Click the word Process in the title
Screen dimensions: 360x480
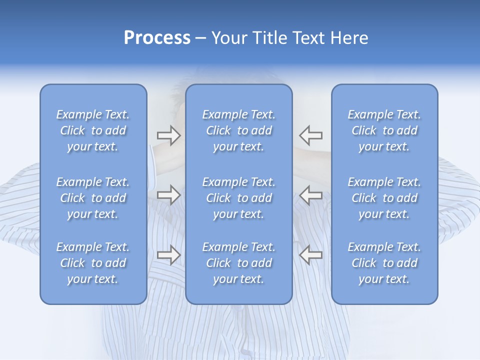point(157,38)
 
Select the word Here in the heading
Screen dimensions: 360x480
point(349,38)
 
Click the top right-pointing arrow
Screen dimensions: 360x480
point(169,135)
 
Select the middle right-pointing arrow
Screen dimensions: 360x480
point(169,194)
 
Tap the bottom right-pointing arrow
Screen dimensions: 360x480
point(169,254)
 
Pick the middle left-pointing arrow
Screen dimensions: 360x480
point(311,194)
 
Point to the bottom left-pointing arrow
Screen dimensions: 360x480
point(311,254)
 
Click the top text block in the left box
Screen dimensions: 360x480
point(93,130)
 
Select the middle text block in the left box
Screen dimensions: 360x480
point(93,198)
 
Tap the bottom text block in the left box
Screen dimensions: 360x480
point(93,263)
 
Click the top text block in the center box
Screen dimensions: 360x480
point(239,130)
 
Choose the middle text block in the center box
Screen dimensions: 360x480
point(239,198)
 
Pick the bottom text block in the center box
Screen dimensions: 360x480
point(239,263)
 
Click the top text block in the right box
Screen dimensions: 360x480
point(384,130)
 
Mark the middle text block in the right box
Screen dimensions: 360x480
point(384,198)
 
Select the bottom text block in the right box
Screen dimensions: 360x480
point(384,263)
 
